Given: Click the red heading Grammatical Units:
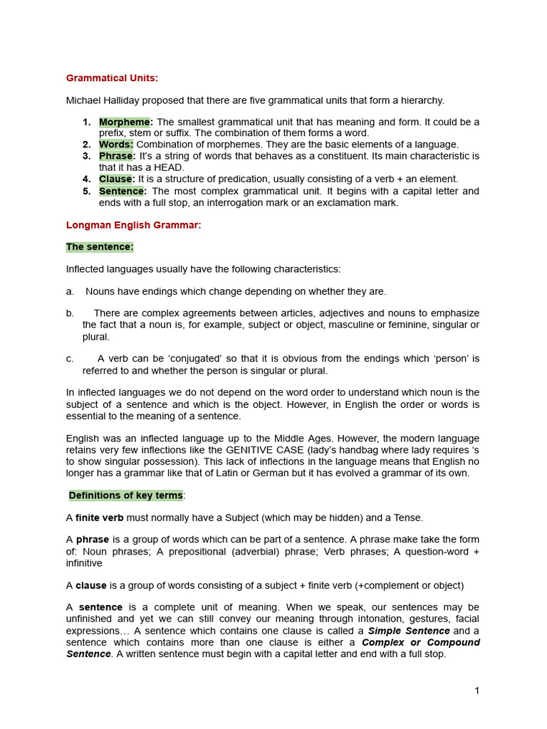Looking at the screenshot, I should (x=113, y=78).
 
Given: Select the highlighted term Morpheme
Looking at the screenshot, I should (x=124, y=122).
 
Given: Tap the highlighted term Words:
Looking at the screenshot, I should (x=115, y=145).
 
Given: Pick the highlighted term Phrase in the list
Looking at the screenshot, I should (x=115, y=156).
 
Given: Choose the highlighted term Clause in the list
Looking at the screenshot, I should (x=115, y=179).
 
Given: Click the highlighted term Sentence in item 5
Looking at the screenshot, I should (x=122, y=191).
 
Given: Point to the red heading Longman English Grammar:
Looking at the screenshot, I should (x=134, y=225).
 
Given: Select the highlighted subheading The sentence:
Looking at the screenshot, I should (x=100, y=247).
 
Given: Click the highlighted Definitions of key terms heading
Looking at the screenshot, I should (x=125, y=495).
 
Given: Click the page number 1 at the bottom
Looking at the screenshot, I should (x=476, y=691).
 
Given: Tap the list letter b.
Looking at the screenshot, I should (x=70, y=313).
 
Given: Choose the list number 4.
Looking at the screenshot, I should (x=86, y=179).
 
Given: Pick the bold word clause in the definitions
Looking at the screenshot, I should (x=91, y=585).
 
